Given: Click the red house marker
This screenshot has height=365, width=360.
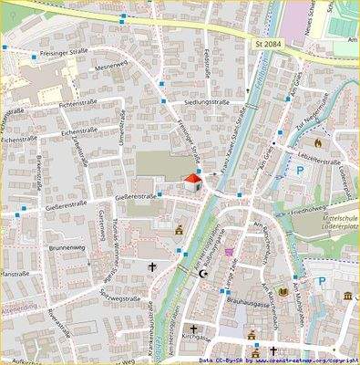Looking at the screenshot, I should pos(191,180).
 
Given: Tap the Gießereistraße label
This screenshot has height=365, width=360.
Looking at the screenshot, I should pos(87,203).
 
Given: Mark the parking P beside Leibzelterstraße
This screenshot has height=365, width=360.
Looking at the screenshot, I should pos(300,170).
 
